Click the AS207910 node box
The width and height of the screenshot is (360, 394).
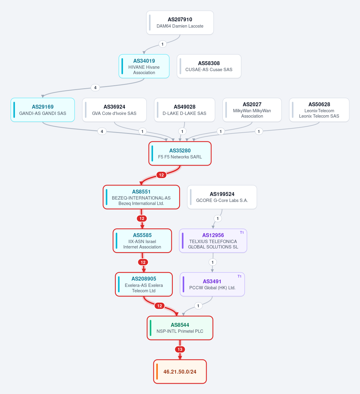180,23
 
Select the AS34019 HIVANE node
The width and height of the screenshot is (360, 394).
144,66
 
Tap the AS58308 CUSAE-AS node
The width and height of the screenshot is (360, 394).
209,66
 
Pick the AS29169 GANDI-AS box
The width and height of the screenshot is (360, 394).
43,110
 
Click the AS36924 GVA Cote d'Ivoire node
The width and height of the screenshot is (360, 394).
114,110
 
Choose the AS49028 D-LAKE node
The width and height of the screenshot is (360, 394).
184,110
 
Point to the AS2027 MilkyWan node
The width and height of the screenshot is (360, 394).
252,110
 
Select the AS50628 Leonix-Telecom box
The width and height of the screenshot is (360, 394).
319,110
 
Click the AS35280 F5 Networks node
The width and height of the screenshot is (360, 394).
180,153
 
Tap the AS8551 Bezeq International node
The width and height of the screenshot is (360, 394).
141,197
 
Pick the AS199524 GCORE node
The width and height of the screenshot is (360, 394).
222,197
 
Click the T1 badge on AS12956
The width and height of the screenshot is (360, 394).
242,233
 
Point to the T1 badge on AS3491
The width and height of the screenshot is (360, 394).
239,276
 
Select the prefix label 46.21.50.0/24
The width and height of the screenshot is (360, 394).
180,371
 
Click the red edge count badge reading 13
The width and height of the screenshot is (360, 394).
180,349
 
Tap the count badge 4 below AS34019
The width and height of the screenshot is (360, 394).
95,88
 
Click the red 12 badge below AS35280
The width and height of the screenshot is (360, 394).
161,175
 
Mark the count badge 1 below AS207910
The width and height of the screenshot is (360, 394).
162,44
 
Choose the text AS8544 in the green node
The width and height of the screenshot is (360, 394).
180,325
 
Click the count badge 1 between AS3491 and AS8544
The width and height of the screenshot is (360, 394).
198,306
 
